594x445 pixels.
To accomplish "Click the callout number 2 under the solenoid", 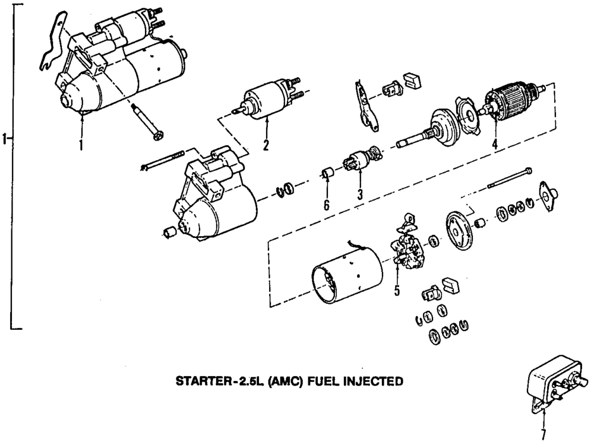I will pyautogui.click(x=266, y=144).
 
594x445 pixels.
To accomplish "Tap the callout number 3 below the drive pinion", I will pyautogui.click(x=359, y=193).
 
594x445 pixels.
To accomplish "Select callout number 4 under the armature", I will pyautogui.click(x=494, y=144).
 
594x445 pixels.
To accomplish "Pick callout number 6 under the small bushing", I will pyautogui.click(x=326, y=205).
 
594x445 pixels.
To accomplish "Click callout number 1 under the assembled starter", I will pyautogui.click(x=81, y=143).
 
